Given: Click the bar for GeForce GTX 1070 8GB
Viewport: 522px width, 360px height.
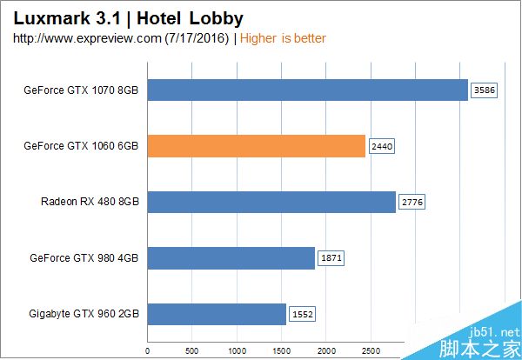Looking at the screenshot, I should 307,90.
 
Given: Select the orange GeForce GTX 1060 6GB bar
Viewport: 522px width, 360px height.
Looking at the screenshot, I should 256,146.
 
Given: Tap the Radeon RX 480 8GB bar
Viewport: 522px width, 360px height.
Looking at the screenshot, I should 271,203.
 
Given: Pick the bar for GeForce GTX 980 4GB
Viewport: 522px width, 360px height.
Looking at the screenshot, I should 231,258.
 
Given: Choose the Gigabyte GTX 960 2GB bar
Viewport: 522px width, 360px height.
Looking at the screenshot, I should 217,314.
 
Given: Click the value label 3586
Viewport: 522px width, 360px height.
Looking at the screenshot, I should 483,90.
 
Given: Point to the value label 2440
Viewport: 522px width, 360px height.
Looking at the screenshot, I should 382,146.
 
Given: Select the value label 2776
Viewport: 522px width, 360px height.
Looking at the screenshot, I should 412,203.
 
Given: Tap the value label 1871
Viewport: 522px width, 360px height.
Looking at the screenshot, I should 331,258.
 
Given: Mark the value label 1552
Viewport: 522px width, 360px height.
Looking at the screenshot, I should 302,314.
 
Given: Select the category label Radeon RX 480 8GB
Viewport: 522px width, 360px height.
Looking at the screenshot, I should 90,203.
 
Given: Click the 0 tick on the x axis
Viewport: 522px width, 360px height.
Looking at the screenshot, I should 147,351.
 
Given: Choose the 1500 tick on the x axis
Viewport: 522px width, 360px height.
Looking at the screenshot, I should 281,351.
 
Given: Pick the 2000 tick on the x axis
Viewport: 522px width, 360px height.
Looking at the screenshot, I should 325,351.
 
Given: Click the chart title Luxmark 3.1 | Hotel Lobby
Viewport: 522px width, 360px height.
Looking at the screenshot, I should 128,17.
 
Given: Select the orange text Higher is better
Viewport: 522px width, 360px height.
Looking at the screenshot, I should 283,38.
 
